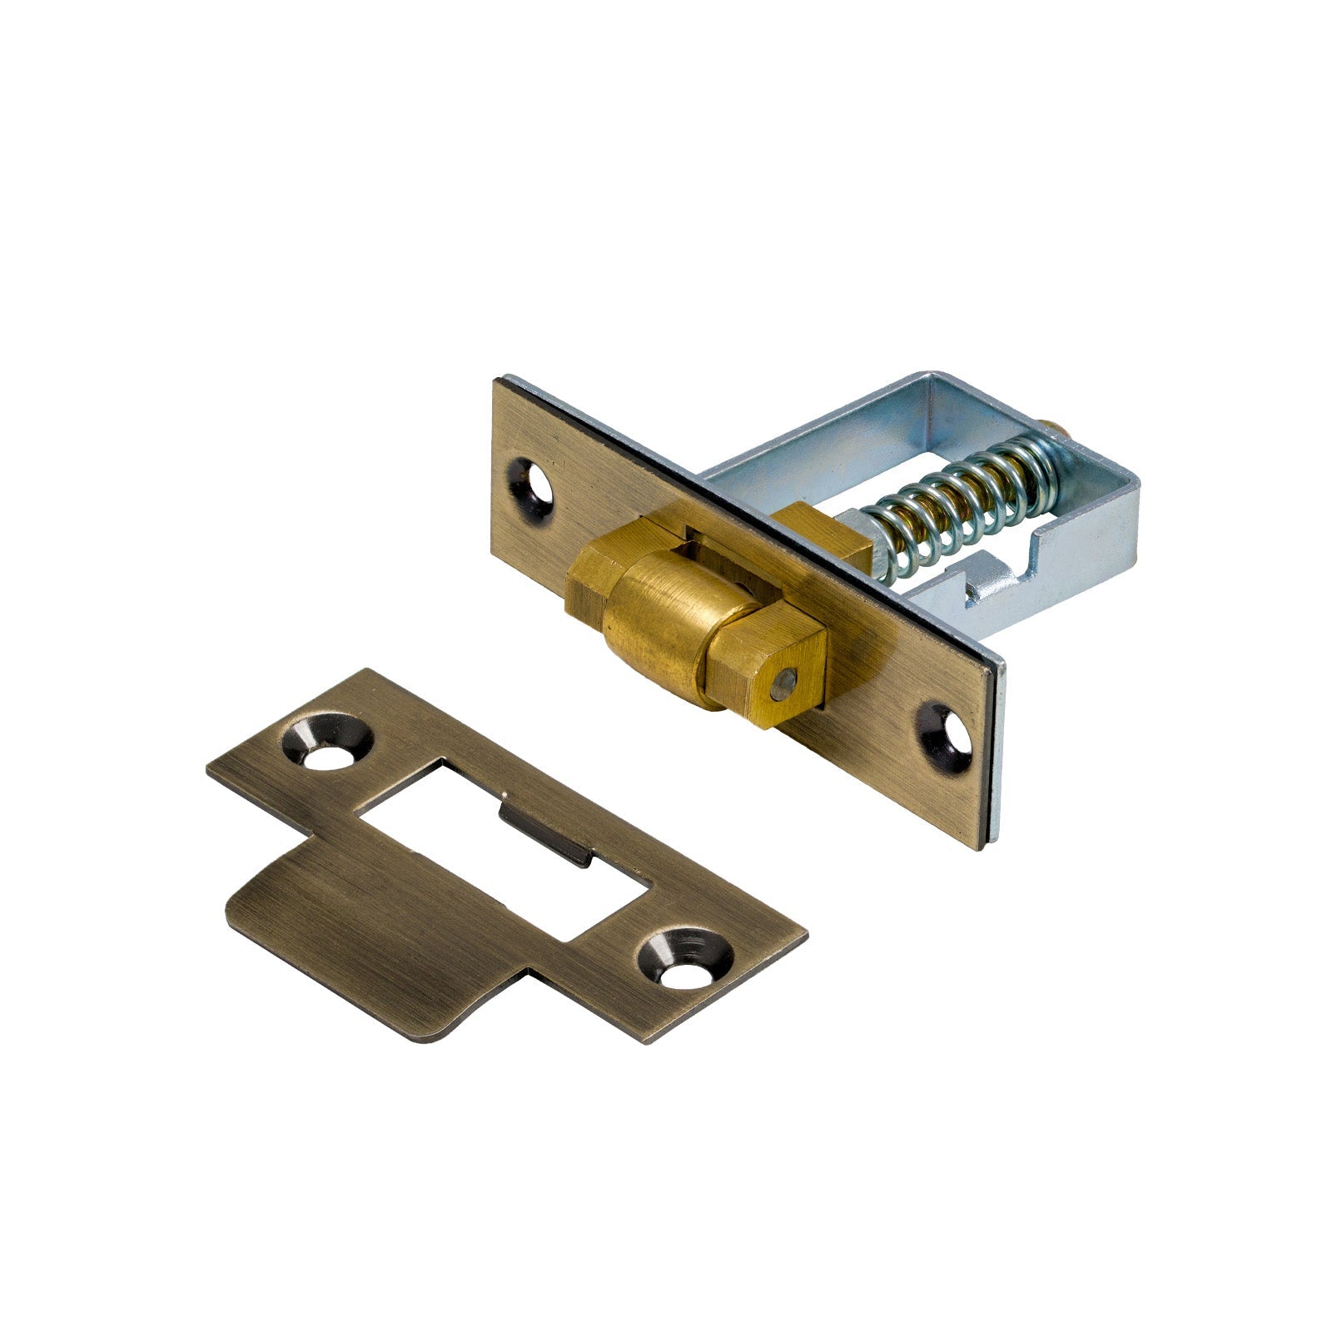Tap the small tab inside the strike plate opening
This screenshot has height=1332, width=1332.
tap(545, 829)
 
